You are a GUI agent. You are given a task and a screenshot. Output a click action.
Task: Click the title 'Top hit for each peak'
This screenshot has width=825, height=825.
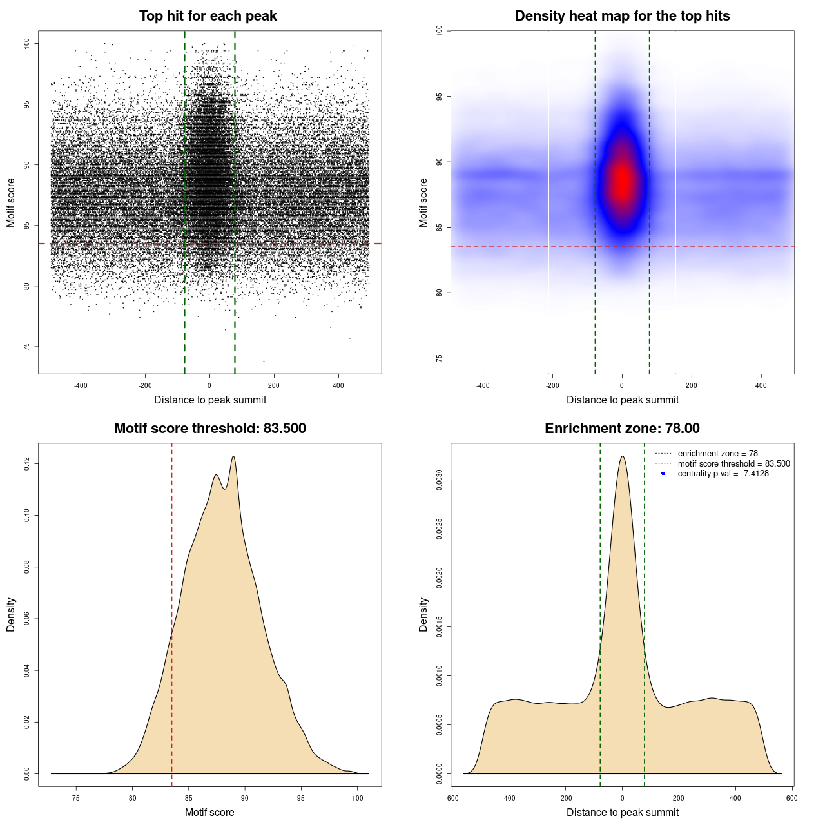(x=208, y=16)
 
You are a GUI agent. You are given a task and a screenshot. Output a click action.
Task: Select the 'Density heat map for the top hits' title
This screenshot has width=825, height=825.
(x=622, y=16)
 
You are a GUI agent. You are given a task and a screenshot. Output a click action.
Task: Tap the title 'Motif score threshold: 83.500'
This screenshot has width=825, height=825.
(x=209, y=429)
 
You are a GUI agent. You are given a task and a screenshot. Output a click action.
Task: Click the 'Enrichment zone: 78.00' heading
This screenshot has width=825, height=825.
(x=622, y=429)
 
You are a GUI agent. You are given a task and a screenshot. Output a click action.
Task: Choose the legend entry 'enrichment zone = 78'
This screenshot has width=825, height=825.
(x=717, y=454)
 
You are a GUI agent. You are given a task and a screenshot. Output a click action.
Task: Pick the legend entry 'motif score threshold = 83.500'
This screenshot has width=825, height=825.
(x=733, y=464)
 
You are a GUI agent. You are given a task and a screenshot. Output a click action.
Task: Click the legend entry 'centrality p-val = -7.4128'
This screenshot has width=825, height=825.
(x=723, y=474)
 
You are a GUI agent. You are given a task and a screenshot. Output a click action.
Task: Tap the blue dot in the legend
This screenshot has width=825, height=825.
(x=663, y=474)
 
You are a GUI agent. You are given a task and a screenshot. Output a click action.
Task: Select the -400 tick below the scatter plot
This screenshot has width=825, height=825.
(x=81, y=385)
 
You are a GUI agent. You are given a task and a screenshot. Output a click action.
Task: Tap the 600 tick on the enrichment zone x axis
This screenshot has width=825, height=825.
(x=792, y=798)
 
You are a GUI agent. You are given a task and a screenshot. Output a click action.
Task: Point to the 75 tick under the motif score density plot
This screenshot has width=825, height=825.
(x=76, y=798)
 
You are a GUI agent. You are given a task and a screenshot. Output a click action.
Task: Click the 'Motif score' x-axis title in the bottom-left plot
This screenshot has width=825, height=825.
(x=209, y=812)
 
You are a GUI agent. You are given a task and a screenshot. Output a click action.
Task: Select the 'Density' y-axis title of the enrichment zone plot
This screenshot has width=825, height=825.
(x=423, y=614)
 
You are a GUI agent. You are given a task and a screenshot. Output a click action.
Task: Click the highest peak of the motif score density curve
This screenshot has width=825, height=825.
(x=233, y=456)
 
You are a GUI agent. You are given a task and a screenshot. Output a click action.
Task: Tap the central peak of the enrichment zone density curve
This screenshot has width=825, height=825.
(x=622, y=456)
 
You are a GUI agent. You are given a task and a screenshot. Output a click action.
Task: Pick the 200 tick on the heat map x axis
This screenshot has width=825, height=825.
(x=692, y=385)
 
